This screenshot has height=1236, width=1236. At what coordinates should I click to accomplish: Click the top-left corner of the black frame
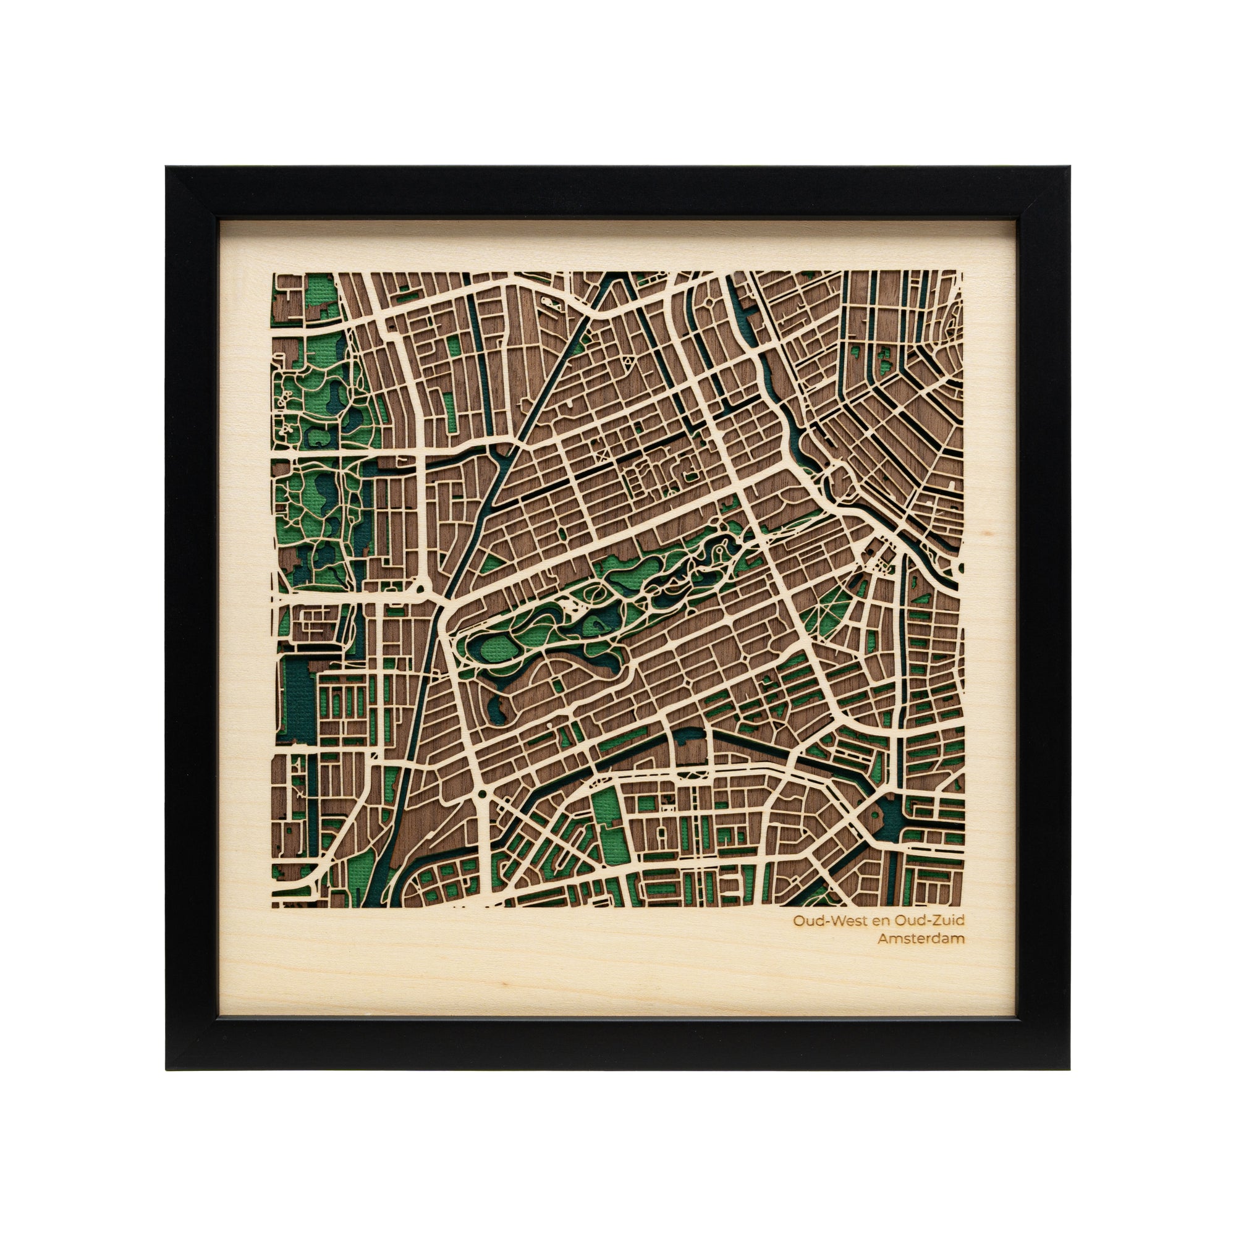tap(167, 168)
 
